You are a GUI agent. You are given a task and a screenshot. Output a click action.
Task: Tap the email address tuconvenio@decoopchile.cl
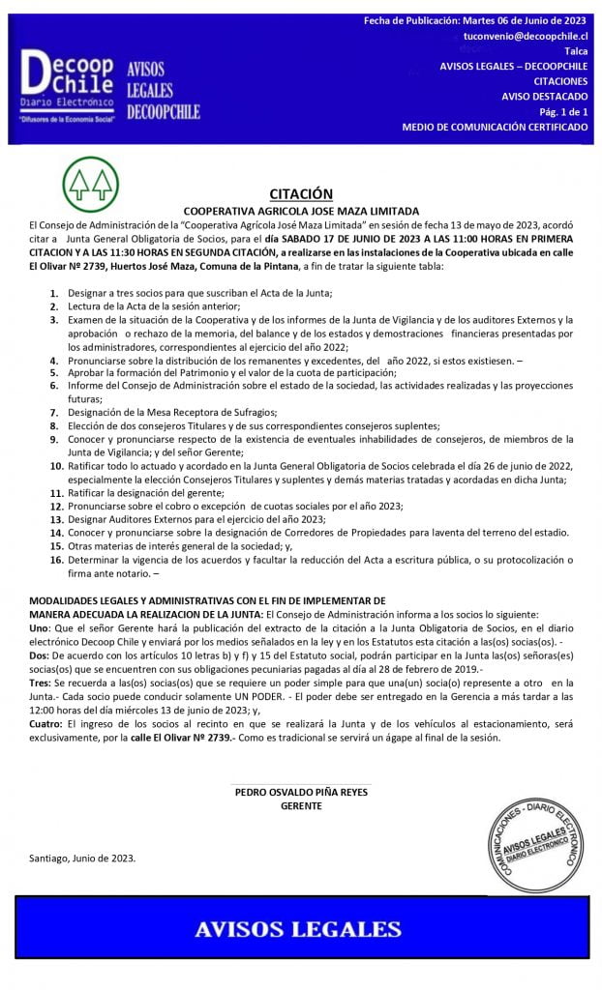530,35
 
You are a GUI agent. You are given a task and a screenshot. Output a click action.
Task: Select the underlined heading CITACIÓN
301,193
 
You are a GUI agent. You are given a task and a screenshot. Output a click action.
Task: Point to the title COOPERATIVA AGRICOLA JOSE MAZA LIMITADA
301,210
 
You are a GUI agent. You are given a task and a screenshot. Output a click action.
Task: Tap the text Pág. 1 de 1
561,111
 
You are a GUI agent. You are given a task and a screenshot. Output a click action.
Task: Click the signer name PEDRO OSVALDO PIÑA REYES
301,791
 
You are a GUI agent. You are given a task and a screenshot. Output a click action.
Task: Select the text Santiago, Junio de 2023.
82,858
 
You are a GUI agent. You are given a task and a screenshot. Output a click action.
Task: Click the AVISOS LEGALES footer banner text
298,929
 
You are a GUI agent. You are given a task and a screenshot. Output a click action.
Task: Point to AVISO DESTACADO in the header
544,96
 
